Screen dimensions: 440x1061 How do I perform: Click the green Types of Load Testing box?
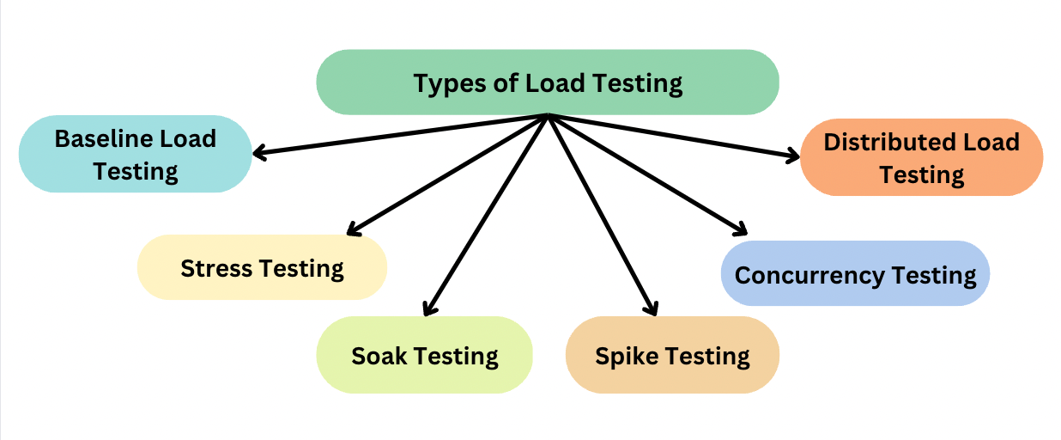tap(548, 82)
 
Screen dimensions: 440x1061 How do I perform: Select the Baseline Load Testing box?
tap(136, 154)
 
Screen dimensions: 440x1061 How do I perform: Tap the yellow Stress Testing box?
tap(262, 267)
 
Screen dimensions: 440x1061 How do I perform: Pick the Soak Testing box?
tap(424, 355)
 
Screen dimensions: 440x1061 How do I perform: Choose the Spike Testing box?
tap(672, 355)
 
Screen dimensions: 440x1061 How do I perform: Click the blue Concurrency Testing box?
tap(855, 274)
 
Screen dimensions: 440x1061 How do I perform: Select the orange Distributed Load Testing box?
tap(921, 157)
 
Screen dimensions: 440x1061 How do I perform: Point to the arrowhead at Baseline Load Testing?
tap(258, 155)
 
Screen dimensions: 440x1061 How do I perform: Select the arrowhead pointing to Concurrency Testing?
tap(741, 229)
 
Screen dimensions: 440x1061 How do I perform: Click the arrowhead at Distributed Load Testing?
tap(793, 156)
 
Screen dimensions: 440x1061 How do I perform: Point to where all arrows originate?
tap(548, 116)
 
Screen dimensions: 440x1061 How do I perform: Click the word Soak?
tap(379, 355)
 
